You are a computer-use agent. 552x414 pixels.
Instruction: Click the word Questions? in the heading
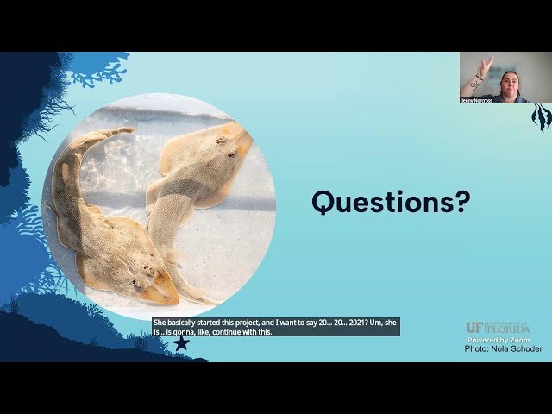pyautogui.click(x=391, y=202)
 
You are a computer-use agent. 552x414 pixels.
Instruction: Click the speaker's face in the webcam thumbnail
pyautogui.click(x=509, y=82)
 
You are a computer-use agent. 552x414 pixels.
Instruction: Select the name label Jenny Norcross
pyautogui.click(x=477, y=100)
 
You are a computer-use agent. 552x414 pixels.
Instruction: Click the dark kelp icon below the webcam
pyautogui.click(x=541, y=117)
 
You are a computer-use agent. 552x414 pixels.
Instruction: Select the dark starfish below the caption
pyautogui.click(x=181, y=343)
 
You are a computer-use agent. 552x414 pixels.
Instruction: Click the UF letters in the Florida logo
pyautogui.click(x=474, y=328)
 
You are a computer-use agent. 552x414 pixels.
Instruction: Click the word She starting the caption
pyautogui.click(x=160, y=323)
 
